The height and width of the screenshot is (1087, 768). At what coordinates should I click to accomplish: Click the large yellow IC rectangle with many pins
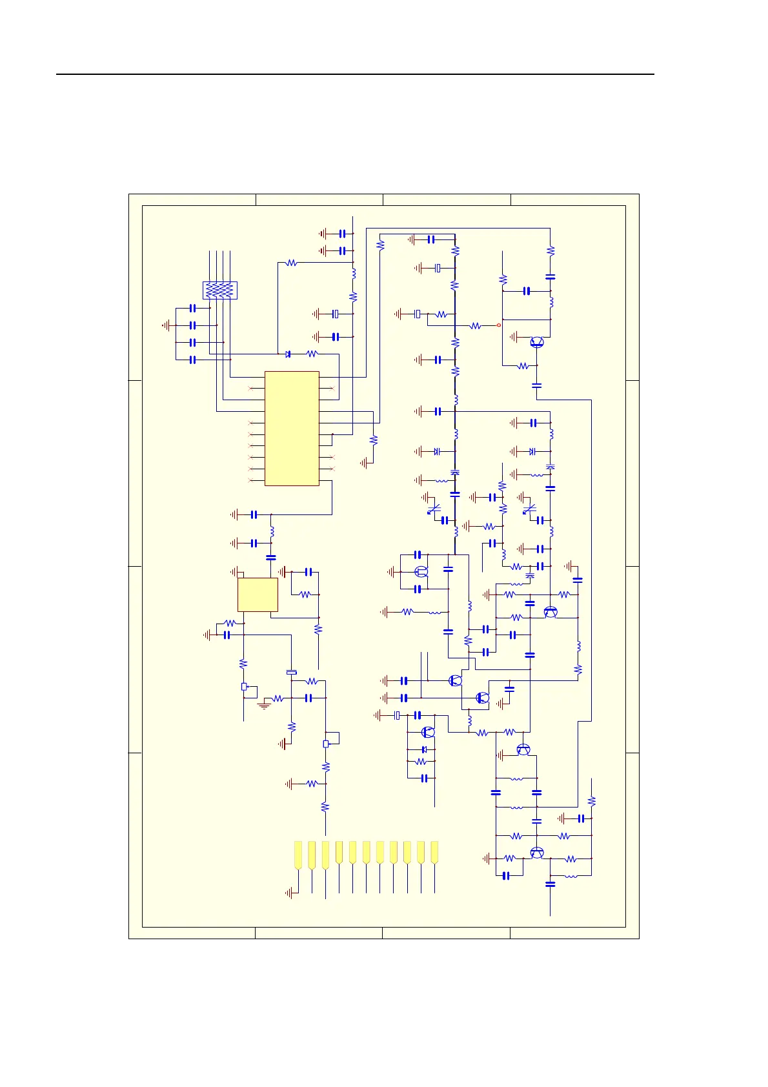click(292, 428)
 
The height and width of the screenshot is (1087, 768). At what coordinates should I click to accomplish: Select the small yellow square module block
click(258, 594)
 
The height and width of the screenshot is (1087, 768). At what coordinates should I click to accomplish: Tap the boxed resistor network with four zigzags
click(220, 290)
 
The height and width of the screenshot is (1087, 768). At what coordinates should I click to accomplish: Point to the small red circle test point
click(499, 325)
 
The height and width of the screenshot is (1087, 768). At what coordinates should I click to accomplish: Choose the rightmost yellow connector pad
click(434, 853)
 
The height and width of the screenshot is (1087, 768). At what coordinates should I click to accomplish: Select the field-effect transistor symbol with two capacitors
click(421, 571)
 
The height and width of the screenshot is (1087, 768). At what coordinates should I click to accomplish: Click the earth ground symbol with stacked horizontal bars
click(263, 706)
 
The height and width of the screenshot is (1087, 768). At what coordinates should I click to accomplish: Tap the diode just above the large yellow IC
click(288, 354)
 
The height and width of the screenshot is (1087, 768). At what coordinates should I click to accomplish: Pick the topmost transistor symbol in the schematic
click(536, 342)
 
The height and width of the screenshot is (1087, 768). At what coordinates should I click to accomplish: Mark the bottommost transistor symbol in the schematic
click(537, 853)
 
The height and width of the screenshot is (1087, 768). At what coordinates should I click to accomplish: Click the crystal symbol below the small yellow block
click(291, 673)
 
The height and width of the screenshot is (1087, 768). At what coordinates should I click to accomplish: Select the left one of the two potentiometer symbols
click(244, 687)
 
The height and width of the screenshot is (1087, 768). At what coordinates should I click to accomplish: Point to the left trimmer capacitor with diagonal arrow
click(434, 509)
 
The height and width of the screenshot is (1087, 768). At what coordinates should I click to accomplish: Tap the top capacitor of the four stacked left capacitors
click(192, 309)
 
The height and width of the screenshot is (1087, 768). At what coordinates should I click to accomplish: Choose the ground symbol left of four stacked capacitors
click(167, 326)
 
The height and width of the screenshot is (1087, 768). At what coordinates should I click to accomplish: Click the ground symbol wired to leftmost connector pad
click(289, 893)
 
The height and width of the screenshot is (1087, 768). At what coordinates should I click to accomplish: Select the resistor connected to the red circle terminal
click(476, 326)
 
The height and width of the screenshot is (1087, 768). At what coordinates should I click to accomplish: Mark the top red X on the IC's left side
click(252, 389)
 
